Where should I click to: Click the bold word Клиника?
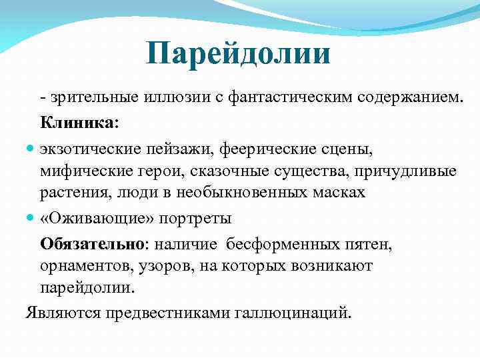pyautogui.click(x=77, y=123)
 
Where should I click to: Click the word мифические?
pyautogui.click(x=82, y=171)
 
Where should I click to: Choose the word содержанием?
pyautogui.click(x=407, y=99)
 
